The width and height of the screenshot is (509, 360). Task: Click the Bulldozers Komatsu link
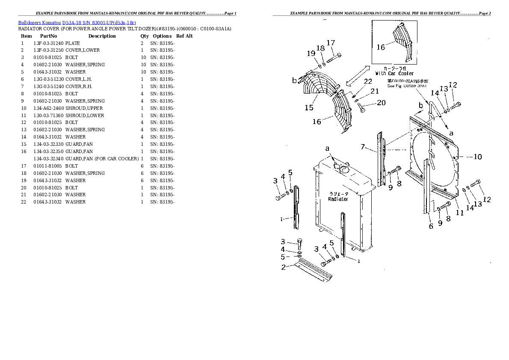point(39,22)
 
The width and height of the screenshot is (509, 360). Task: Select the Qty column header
point(145,36)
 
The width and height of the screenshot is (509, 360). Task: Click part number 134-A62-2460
point(48,108)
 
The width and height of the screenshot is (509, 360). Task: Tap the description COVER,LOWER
point(83,50)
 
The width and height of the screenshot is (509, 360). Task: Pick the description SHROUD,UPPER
point(84,108)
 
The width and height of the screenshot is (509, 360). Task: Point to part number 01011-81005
point(48,166)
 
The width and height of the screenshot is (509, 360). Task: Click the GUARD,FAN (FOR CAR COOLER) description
point(102,159)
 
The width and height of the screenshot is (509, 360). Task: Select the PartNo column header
point(48,36)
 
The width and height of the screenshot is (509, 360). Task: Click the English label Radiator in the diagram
point(338,199)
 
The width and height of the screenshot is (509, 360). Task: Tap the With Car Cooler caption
point(394,74)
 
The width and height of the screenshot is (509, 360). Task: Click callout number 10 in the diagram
point(477,157)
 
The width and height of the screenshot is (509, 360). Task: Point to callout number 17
point(331,43)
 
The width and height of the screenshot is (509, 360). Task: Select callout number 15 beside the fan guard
point(309,108)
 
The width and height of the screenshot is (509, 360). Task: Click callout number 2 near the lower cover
point(283,268)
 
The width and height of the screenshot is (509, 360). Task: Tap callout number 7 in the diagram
point(363,147)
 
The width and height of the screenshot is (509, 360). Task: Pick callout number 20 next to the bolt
point(381,103)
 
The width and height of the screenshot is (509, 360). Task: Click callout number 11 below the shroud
point(459,212)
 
